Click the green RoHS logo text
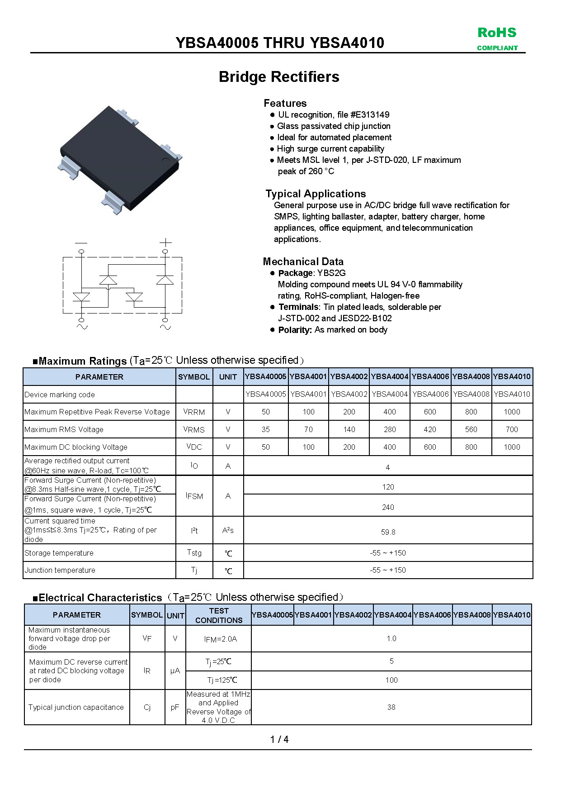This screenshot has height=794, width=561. (x=497, y=33)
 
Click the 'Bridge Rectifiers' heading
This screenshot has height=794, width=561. (x=279, y=77)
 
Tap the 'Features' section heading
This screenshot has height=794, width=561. (x=285, y=103)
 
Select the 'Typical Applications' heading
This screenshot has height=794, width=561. (x=316, y=194)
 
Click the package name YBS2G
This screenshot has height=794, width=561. (x=331, y=273)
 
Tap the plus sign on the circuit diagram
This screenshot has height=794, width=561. (x=165, y=242)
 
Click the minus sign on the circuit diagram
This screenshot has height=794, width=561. (x=81, y=243)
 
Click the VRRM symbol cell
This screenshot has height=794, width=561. (x=194, y=412)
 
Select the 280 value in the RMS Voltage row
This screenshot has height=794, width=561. (x=390, y=429)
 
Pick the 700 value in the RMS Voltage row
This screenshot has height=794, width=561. (x=512, y=429)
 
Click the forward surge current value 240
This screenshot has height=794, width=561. (x=388, y=507)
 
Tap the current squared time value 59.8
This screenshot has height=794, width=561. (x=388, y=532)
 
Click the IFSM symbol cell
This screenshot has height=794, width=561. (x=194, y=496)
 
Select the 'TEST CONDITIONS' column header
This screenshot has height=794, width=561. (x=219, y=615)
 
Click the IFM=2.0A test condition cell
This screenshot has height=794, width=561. (x=220, y=639)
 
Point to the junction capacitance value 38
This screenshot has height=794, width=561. (x=391, y=707)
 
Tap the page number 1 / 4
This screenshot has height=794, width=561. (x=279, y=739)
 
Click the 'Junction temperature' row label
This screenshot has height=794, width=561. (x=60, y=570)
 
